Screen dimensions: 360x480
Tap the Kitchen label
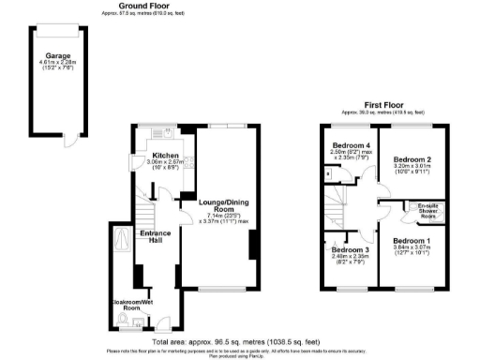[166, 155]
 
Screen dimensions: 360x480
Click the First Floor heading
[384, 105]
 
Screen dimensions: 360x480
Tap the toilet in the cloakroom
[126, 324]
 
